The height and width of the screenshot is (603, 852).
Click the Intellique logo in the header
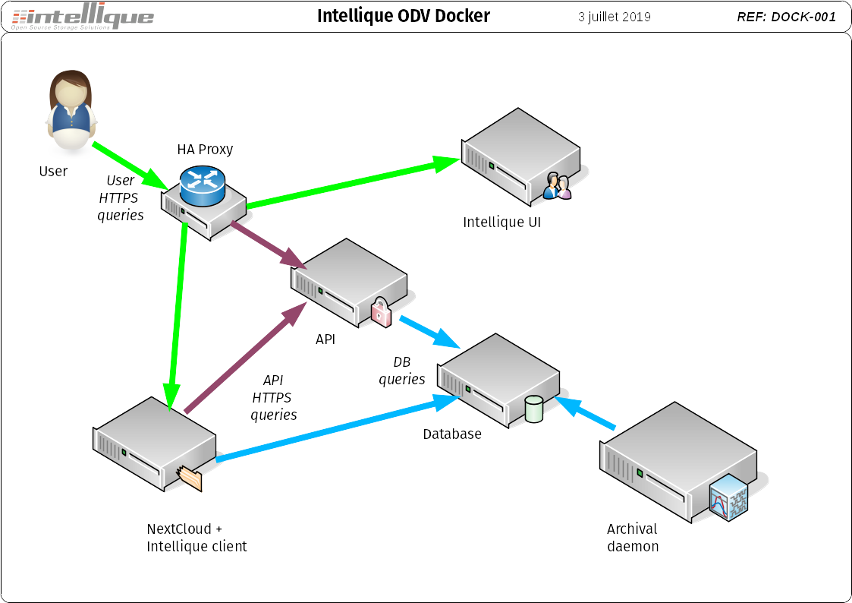[83, 17]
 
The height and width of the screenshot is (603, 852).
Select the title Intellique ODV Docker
[403, 16]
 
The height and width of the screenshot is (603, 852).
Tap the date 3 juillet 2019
[614, 17]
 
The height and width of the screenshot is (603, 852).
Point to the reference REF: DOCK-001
[786, 17]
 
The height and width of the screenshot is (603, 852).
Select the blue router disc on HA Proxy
[203, 186]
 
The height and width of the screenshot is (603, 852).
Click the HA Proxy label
[205, 149]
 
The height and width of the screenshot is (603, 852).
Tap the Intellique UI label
[501, 223]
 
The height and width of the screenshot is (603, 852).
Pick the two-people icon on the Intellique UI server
[558, 186]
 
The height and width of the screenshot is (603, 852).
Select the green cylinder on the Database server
[534, 409]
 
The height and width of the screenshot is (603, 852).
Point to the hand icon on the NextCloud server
[190, 478]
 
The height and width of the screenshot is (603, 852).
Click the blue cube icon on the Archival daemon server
[728, 497]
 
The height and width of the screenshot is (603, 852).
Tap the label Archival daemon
[633, 538]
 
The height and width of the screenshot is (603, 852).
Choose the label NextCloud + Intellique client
[196, 538]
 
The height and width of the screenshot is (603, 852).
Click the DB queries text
[401, 371]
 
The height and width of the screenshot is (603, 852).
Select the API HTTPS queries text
[273, 397]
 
